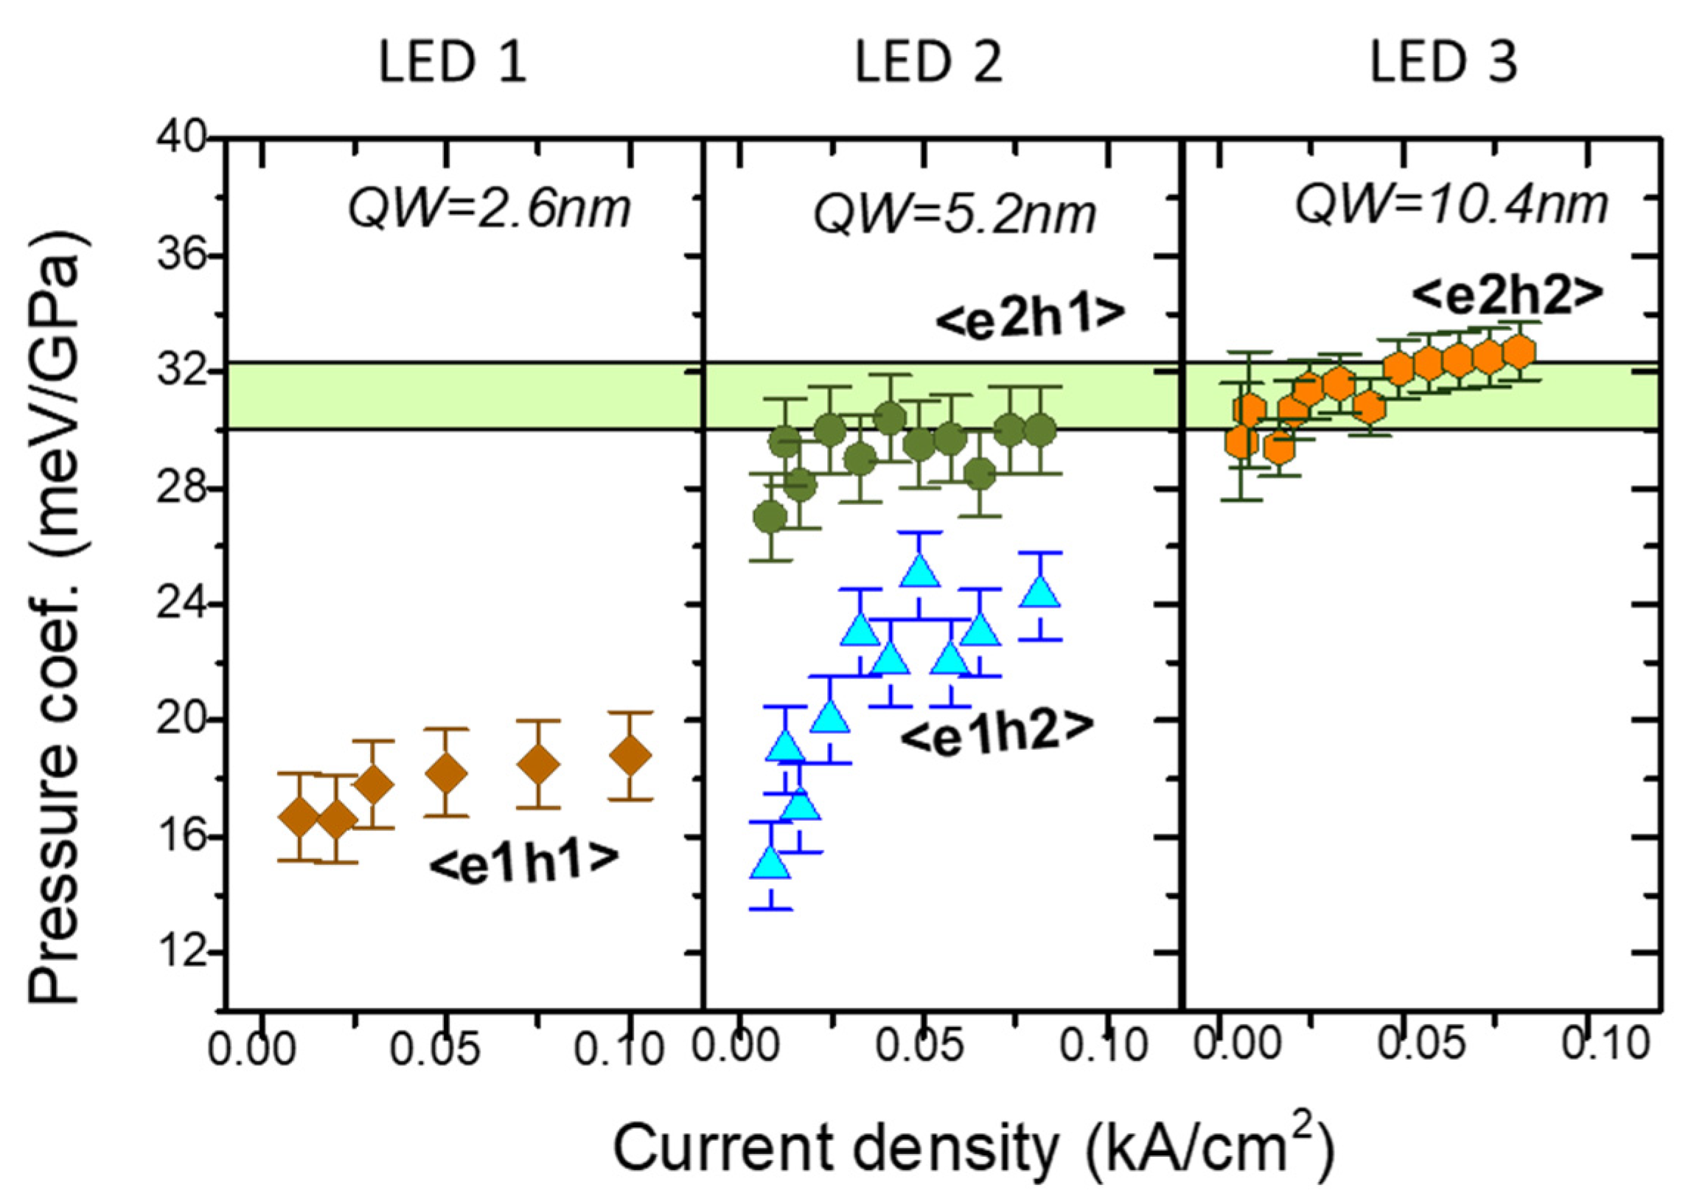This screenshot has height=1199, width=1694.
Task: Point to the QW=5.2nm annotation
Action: (955, 214)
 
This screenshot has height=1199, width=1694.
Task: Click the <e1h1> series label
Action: (523, 861)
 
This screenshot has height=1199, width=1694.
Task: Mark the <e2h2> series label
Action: (1508, 291)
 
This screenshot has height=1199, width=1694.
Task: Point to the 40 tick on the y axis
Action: (180, 139)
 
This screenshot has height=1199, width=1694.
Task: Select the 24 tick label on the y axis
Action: (180, 605)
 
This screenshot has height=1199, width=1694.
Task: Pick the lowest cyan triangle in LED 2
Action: (770, 862)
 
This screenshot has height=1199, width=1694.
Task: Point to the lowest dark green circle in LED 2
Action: (770, 518)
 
